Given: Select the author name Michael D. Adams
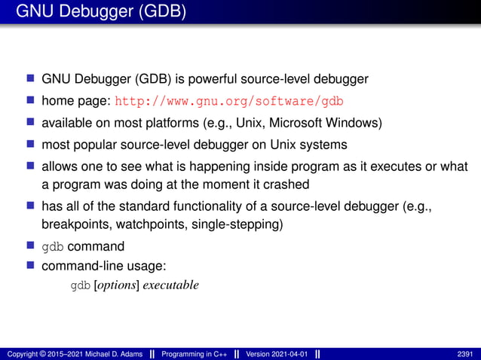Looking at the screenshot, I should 107,353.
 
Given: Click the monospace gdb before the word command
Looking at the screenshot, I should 53,246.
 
